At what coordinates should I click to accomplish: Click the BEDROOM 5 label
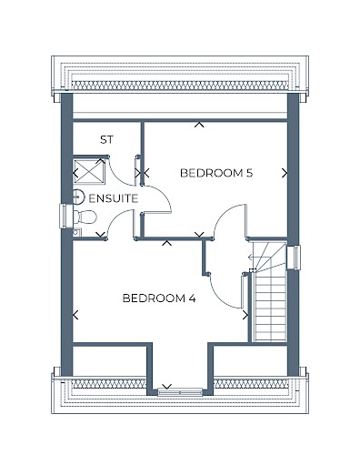tap(216, 173)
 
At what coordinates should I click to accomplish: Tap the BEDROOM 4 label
tap(159, 298)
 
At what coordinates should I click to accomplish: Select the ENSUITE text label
tap(114, 198)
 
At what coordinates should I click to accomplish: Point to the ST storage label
tap(106, 140)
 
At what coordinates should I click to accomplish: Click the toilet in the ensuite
tap(85, 217)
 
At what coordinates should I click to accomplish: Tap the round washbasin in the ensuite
tap(78, 197)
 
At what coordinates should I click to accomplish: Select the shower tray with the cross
tap(89, 172)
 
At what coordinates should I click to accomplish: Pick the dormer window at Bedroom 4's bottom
tap(180, 392)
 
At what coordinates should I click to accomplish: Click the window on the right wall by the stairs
tap(294, 258)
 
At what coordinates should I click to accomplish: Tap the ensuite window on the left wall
tap(65, 217)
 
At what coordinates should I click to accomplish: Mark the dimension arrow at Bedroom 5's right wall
tap(285, 173)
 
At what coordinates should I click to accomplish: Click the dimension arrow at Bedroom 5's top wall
tap(199, 125)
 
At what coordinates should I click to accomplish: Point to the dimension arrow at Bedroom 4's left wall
tap(75, 315)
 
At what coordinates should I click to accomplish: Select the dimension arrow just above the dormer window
tap(166, 387)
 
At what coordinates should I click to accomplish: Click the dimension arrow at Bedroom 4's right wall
tap(245, 315)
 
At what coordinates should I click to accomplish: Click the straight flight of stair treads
tap(271, 308)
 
